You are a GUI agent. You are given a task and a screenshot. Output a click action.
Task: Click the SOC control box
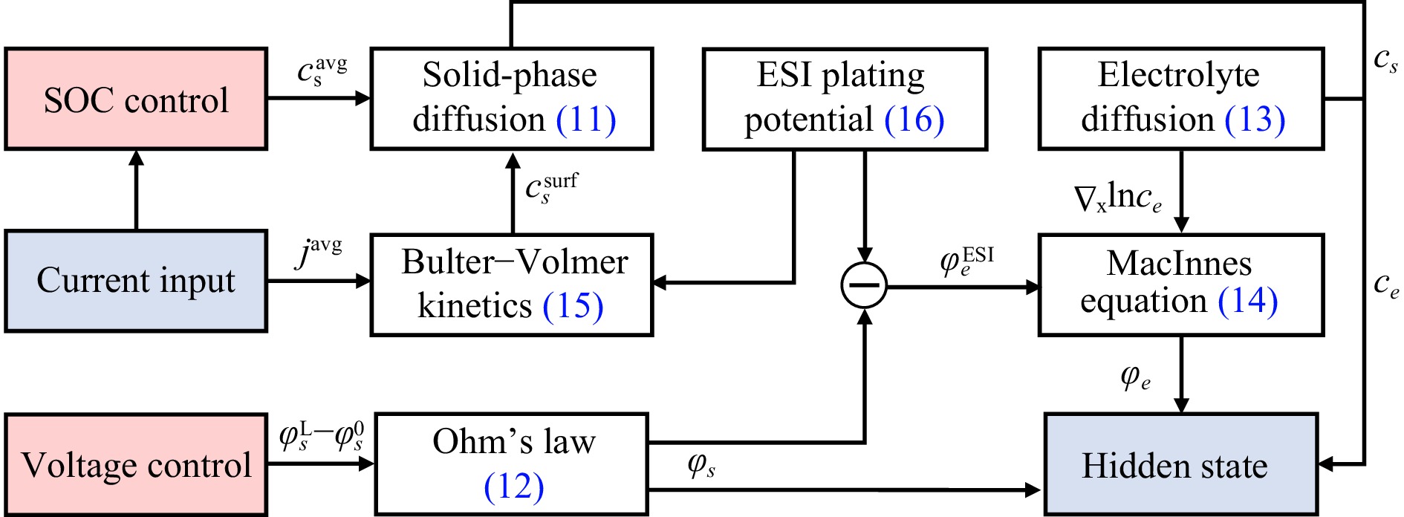(x=136, y=100)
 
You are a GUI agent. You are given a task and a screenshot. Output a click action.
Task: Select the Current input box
(x=136, y=281)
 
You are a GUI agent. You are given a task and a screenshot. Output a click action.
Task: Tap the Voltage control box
(x=136, y=465)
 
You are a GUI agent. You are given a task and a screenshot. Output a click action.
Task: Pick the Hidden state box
(x=1181, y=465)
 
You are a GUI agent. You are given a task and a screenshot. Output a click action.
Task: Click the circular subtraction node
(x=864, y=285)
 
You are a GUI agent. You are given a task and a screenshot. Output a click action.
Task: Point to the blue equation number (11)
(x=586, y=120)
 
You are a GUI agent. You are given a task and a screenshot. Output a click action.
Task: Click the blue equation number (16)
(x=914, y=120)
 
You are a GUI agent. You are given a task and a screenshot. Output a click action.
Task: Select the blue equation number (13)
(x=1255, y=120)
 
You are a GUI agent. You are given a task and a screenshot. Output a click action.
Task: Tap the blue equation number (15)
(x=573, y=306)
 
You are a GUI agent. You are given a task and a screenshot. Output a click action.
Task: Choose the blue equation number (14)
(x=1248, y=301)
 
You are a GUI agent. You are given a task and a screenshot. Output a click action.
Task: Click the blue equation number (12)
(x=513, y=487)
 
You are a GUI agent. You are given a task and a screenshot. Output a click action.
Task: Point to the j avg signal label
(x=319, y=253)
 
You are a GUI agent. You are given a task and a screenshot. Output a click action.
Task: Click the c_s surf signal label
(x=551, y=189)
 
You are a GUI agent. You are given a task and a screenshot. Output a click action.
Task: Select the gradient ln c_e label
(x=1117, y=198)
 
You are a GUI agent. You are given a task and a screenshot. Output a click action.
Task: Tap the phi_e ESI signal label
(x=966, y=261)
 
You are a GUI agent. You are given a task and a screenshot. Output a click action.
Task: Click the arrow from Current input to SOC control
(x=136, y=190)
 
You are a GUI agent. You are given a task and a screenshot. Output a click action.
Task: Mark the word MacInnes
(x=1179, y=263)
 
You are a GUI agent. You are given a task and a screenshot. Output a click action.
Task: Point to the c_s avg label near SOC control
(x=322, y=71)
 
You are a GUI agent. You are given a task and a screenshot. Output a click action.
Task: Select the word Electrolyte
(x=1179, y=75)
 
